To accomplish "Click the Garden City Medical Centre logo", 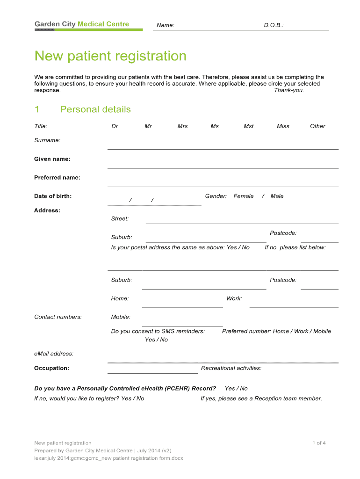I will coord(82,24).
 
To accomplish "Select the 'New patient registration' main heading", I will coord(110,56).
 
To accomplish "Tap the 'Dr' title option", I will coord(115,126).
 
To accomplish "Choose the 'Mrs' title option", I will coord(182,126).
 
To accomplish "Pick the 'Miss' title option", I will coord(283,126).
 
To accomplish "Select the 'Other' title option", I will coord(317,126).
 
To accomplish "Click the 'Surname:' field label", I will coord(47,140).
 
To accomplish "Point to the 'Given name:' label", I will coord(52,159).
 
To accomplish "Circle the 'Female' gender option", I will coord(244,196).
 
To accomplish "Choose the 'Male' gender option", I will coord(277,196).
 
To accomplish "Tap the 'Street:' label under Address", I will coord(120,219).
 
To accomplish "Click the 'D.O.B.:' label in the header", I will coord(274,25).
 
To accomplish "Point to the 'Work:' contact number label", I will coord(234,299).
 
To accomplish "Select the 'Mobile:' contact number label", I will coord(121,317).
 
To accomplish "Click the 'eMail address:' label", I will coord(54,354).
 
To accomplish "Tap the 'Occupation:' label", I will coord(51,368).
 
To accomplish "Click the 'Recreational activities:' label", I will coord(231,368).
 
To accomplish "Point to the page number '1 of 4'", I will coord(319,443).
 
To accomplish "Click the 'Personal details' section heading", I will coord(95,109).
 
